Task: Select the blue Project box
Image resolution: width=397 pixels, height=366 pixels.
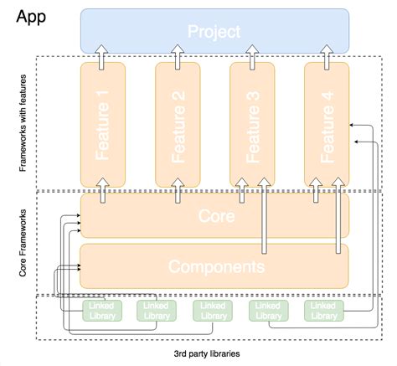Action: tap(214, 31)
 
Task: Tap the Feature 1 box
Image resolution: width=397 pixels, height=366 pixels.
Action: tap(103, 124)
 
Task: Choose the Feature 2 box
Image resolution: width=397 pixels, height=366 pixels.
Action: tap(177, 124)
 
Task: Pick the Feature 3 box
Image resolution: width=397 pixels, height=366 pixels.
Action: tap(252, 124)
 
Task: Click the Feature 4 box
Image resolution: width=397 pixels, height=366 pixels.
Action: tap(327, 124)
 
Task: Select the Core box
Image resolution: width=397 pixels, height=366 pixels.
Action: tap(214, 216)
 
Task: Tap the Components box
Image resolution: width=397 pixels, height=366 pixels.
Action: tap(214, 266)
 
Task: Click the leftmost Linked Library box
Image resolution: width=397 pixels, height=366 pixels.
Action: tap(101, 311)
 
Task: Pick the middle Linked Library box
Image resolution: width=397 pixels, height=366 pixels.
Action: tap(213, 311)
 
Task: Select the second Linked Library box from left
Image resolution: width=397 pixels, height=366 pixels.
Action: tap(157, 311)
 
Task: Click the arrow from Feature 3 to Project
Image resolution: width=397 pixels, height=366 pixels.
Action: tap(252, 55)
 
